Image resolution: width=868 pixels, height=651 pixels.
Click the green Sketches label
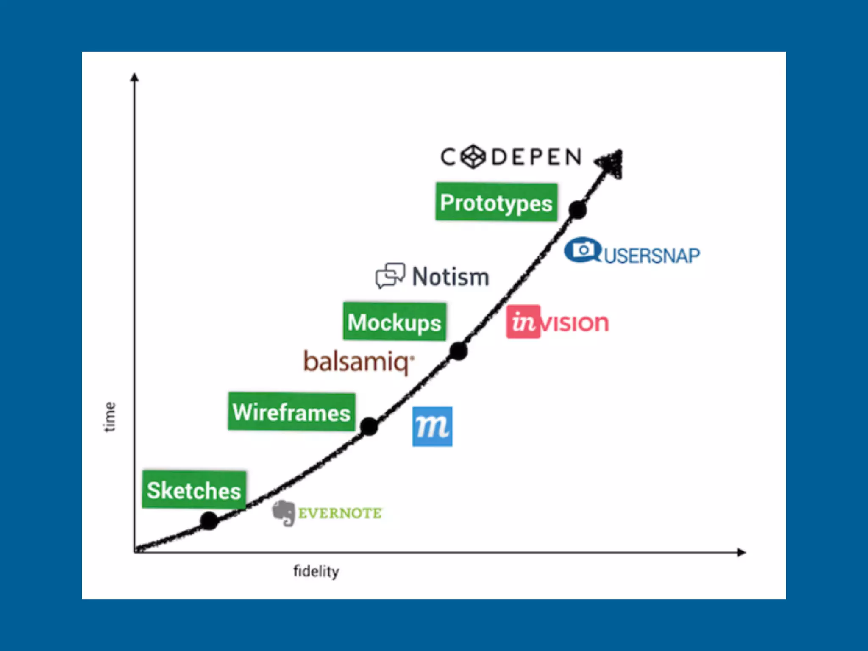[x=194, y=490]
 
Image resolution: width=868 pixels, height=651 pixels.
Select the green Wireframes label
[x=292, y=412]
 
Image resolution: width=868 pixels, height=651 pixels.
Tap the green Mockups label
[x=395, y=322]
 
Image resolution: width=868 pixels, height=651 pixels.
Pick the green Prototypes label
[x=496, y=202]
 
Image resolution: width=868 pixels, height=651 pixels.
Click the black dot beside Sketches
[x=209, y=520]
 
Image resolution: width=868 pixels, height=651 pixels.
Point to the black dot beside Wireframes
[x=369, y=426]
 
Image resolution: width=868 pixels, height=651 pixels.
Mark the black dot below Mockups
[x=458, y=351]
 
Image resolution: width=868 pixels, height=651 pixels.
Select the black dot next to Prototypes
[x=578, y=210]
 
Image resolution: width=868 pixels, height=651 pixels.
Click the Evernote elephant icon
[x=284, y=513]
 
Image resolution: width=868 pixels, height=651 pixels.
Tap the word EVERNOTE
[x=340, y=513]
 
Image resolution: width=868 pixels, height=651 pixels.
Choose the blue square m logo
[x=432, y=426]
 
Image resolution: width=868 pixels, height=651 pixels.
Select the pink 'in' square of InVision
[x=523, y=322]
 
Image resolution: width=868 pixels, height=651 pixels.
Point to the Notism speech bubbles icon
[x=390, y=275]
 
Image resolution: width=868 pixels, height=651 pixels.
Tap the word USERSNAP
[x=652, y=256]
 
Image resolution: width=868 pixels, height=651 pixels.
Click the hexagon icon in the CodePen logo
[x=473, y=157]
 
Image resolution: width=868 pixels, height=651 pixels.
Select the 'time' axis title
[x=110, y=417]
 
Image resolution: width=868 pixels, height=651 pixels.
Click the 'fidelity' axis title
[x=316, y=571]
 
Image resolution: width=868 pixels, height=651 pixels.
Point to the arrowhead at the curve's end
[x=611, y=162]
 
